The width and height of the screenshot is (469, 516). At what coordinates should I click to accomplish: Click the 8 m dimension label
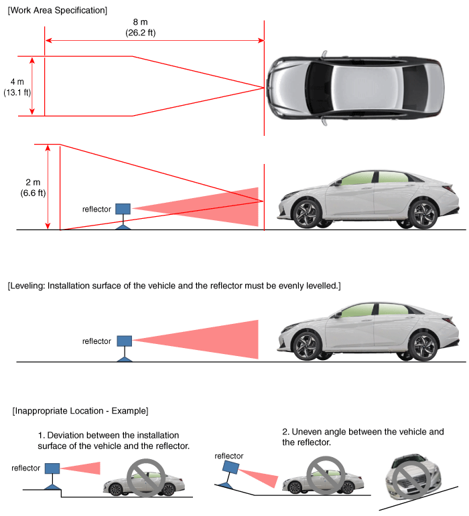coord(140,22)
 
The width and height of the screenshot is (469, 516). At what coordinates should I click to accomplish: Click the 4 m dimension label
coord(17,82)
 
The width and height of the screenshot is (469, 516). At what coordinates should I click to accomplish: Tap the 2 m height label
coord(33,182)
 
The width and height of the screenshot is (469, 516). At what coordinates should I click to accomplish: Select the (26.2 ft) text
coord(140,33)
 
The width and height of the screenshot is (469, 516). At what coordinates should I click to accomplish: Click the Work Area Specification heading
coord(58,10)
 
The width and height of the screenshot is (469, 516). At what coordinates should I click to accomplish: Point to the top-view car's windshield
coord(318,88)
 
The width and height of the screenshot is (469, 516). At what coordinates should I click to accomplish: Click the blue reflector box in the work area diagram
coord(123,209)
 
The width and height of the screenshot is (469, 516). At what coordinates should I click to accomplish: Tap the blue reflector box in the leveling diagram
coord(125,341)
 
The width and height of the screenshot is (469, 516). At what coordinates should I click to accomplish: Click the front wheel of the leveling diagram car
coord(307,346)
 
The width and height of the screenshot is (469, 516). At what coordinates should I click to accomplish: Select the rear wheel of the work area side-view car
coord(423,215)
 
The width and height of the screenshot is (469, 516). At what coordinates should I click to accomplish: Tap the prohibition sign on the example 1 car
coord(146,478)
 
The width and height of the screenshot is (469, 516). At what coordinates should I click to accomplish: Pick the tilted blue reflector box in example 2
coord(231,467)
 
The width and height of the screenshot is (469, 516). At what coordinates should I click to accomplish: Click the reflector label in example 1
coord(25,468)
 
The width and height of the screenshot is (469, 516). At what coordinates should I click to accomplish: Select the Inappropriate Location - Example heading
coord(80,411)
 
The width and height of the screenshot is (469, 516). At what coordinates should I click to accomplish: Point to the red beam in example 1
coord(80,468)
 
